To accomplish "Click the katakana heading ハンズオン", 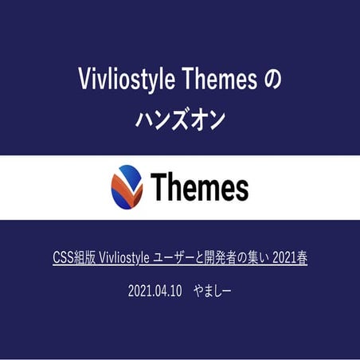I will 180,120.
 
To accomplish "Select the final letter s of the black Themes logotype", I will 241,190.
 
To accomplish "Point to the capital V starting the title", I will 84,80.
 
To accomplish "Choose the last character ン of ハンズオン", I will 216,120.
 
